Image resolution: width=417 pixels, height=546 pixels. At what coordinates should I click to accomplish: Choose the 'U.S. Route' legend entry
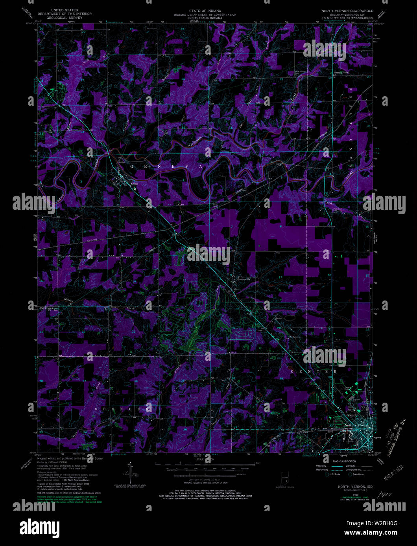pyautogui.click(x=335, y=475)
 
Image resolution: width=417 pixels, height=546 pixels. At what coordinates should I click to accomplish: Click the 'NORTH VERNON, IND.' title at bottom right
pyautogui.click(x=350, y=486)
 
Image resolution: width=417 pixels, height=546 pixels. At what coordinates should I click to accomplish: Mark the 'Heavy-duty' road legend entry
pyautogui.click(x=321, y=466)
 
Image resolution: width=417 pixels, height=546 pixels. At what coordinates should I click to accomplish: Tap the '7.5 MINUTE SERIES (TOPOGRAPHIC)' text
pyautogui.click(x=347, y=18)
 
